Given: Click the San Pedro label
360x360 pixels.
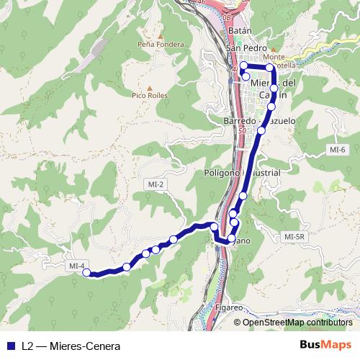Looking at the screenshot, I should coord(242,48).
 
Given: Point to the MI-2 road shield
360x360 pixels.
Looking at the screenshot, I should coord(154,184).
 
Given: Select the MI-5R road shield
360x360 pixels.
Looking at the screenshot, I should coord(296,236).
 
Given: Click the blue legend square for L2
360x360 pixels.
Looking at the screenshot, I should coord(10,346).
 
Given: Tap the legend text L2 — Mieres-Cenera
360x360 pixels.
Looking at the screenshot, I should coord(71,346).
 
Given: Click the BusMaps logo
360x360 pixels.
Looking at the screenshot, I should coord(325,345).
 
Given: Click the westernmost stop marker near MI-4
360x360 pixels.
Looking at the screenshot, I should coord(86,272).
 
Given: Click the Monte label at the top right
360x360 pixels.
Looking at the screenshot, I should coord(274,56).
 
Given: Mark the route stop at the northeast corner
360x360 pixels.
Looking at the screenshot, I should coord(270,68).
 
